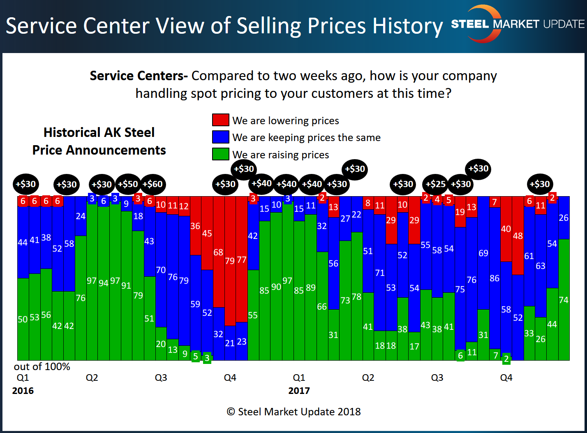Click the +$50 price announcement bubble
(x=128, y=184)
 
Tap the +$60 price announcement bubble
(x=153, y=184)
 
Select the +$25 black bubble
(x=435, y=184)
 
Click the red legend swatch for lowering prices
(x=220, y=120)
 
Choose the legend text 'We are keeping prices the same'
(x=306, y=137)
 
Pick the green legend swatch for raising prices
(x=220, y=154)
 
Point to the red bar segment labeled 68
(x=219, y=252)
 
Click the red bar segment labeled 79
(x=230, y=261)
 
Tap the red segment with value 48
(x=518, y=236)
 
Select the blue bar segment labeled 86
(x=495, y=278)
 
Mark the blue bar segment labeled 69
(x=483, y=253)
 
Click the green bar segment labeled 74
(x=564, y=300)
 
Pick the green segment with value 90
(x=276, y=287)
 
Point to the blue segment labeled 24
(x=81, y=216)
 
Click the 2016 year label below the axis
(x=23, y=391)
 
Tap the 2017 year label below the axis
(x=299, y=391)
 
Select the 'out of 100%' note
(x=42, y=366)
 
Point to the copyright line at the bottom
(x=293, y=412)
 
